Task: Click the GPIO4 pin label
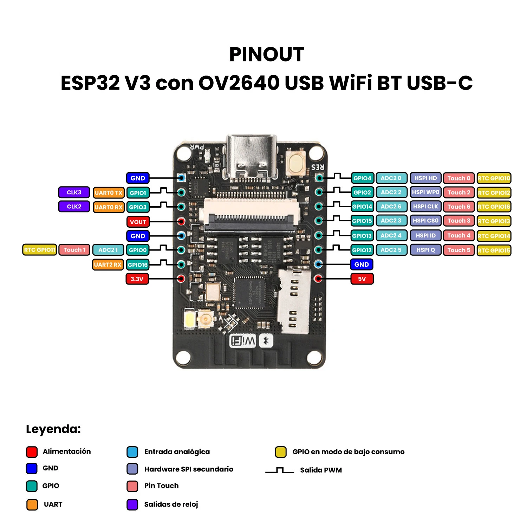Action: click(x=362, y=178)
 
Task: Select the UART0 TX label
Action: click(x=109, y=193)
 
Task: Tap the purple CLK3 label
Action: click(x=74, y=193)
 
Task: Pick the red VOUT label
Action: click(x=138, y=222)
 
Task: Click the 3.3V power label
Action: click(x=137, y=279)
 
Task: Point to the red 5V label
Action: click(x=362, y=279)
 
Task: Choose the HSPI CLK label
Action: click(x=425, y=207)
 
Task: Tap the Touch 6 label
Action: click(x=458, y=207)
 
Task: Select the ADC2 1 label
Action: click(x=108, y=250)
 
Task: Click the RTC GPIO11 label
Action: click(x=40, y=250)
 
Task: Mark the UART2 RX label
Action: click(x=108, y=265)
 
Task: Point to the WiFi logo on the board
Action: click(x=243, y=341)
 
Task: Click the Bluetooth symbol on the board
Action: click(x=266, y=341)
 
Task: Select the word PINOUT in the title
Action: click(x=267, y=54)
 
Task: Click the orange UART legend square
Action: click(x=32, y=505)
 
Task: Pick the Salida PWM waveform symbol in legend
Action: click(x=280, y=470)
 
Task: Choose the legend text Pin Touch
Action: click(x=161, y=486)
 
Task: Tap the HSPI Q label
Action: click(x=425, y=250)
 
